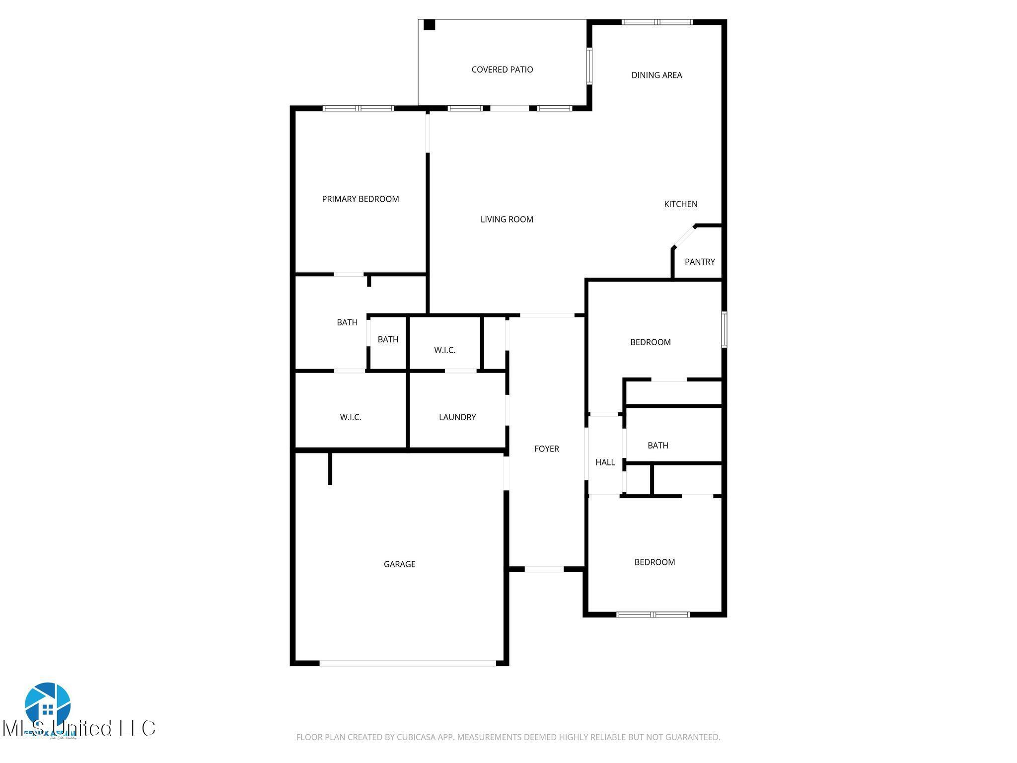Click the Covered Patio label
click(x=502, y=70)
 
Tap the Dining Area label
click(x=656, y=75)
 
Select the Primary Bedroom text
click(x=360, y=199)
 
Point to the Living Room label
click(x=507, y=219)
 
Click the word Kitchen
click(x=680, y=204)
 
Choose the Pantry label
click(x=699, y=262)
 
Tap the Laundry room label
click(x=457, y=417)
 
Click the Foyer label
click(x=546, y=449)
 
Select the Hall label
click(x=605, y=462)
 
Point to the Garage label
click(x=399, y=564)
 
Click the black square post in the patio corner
click(x=429, y=25)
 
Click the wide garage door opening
click(x=407, y=663)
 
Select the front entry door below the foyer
click(x=544, y=569)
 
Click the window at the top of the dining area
click(x=657, y=22)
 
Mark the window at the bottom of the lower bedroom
click(x=653, y=614)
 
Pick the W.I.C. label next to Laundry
click(x=350, y=417)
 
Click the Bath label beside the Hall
click(x=657, y=446)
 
